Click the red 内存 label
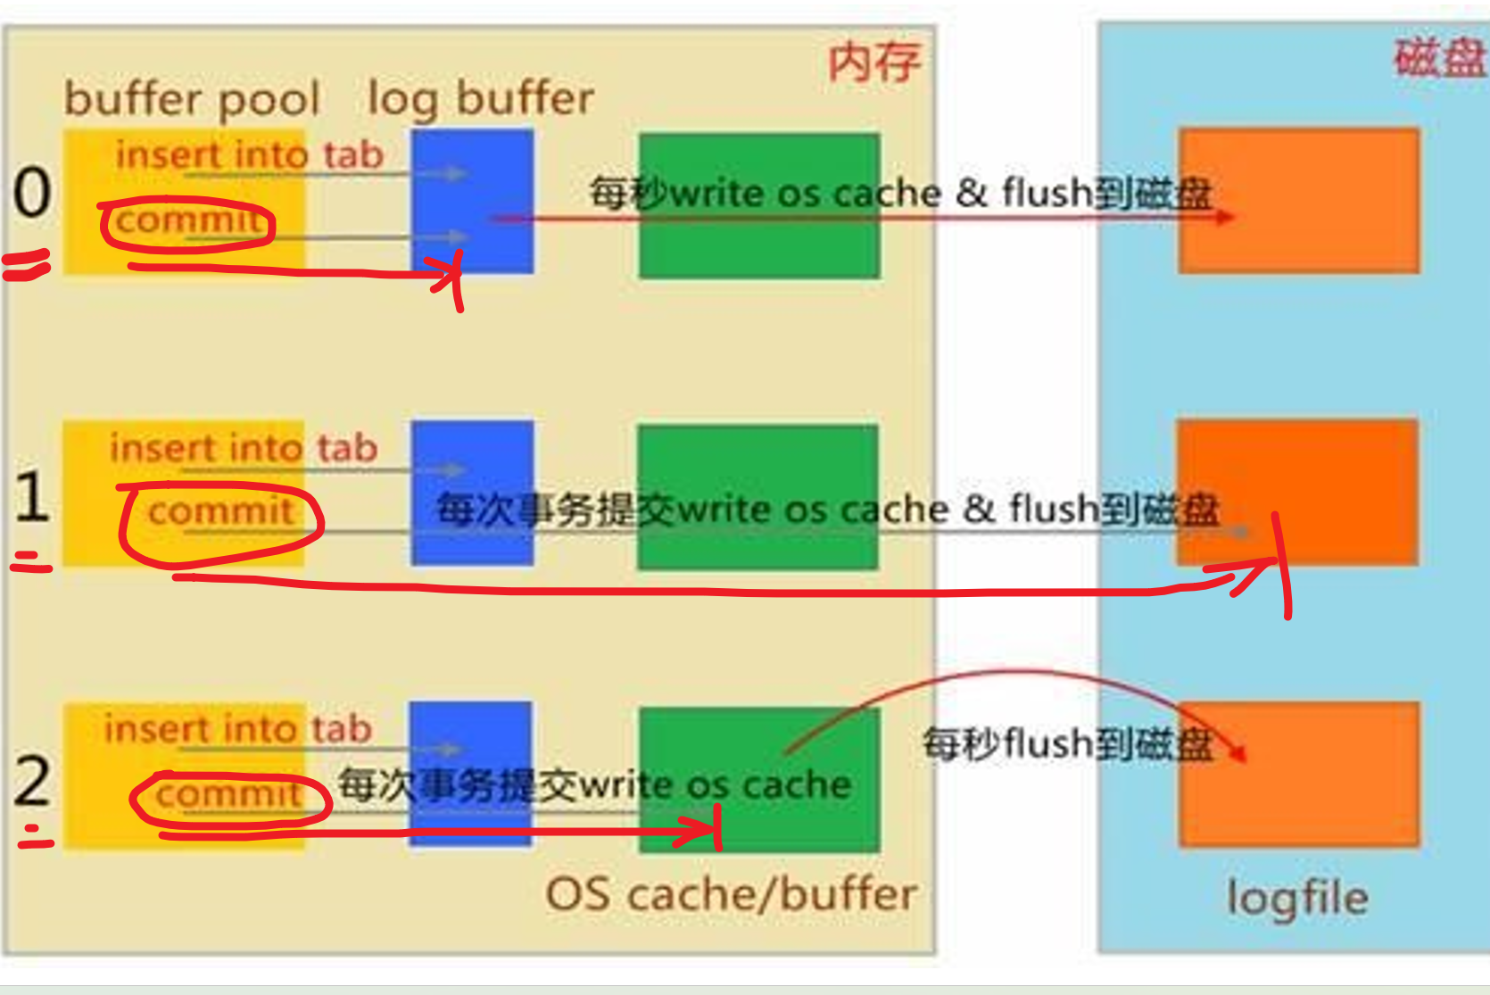pos(873,62)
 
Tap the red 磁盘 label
pos(1439,59)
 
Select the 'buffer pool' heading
pos(192,99)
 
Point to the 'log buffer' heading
pos(480,99)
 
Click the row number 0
pos(32,193)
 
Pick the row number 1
pos(32,496)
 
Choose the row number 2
pos(32,780)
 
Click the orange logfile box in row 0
pos(1299,202)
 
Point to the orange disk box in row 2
pos(1299,775)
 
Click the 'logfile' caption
pos(1297,898)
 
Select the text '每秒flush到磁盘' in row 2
pos(1067,743)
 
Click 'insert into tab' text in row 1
pos(244,448)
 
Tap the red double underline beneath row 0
pos(27,266)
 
